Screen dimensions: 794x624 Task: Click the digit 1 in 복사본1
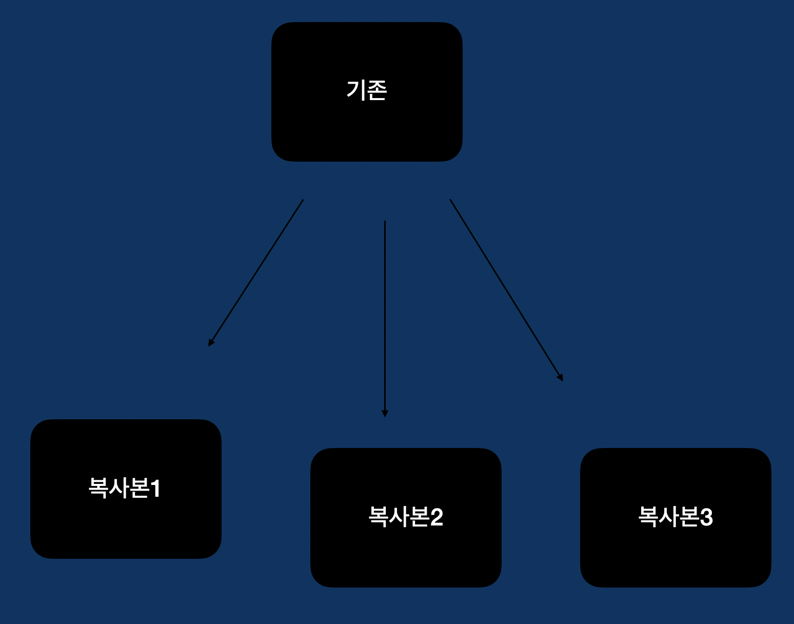pos(155,489)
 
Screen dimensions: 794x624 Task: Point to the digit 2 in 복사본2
pos(436,517)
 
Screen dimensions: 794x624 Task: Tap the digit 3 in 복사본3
pos(706,517)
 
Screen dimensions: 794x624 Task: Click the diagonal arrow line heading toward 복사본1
pos(256,272)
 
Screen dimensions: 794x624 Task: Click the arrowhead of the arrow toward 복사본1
pos(210,343)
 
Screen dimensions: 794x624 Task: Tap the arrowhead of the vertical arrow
pos(385,414)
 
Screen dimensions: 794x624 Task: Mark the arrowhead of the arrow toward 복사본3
pos(561,378)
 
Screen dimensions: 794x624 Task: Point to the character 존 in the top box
pos(377,90)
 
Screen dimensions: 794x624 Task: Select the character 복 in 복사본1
pos(98,488)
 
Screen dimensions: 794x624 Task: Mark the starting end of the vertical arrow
pos(385,222)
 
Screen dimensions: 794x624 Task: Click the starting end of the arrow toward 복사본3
pos(450,200)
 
